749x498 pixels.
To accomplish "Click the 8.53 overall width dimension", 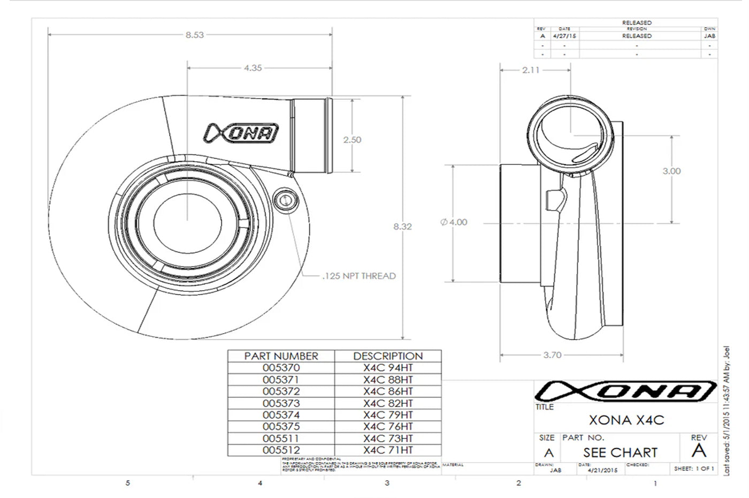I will (195, 35).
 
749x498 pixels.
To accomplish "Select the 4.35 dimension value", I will (253, 68).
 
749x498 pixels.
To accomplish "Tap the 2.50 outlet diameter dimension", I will (352, 140).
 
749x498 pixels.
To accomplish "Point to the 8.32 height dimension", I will (402, 227).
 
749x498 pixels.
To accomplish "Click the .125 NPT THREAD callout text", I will (359, 276).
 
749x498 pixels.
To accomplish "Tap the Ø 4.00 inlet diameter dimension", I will (454, 222).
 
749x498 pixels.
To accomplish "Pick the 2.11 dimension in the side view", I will (531, 70).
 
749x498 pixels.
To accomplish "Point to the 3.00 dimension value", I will (671, 171).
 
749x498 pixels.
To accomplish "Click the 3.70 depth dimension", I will (552, 355).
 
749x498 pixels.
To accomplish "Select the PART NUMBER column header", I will (281, 356).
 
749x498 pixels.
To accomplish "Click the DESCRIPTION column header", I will (388, 356).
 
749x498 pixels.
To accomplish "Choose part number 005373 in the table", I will (281, 403).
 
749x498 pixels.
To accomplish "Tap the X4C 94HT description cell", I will (388, 368).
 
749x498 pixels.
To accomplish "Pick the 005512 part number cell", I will (281, 450).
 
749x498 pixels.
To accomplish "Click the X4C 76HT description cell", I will (388, 427).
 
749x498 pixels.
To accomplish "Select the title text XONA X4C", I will (626, 420).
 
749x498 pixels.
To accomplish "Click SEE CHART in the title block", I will (620, 452).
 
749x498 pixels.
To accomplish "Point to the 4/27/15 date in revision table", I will (564, 36).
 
